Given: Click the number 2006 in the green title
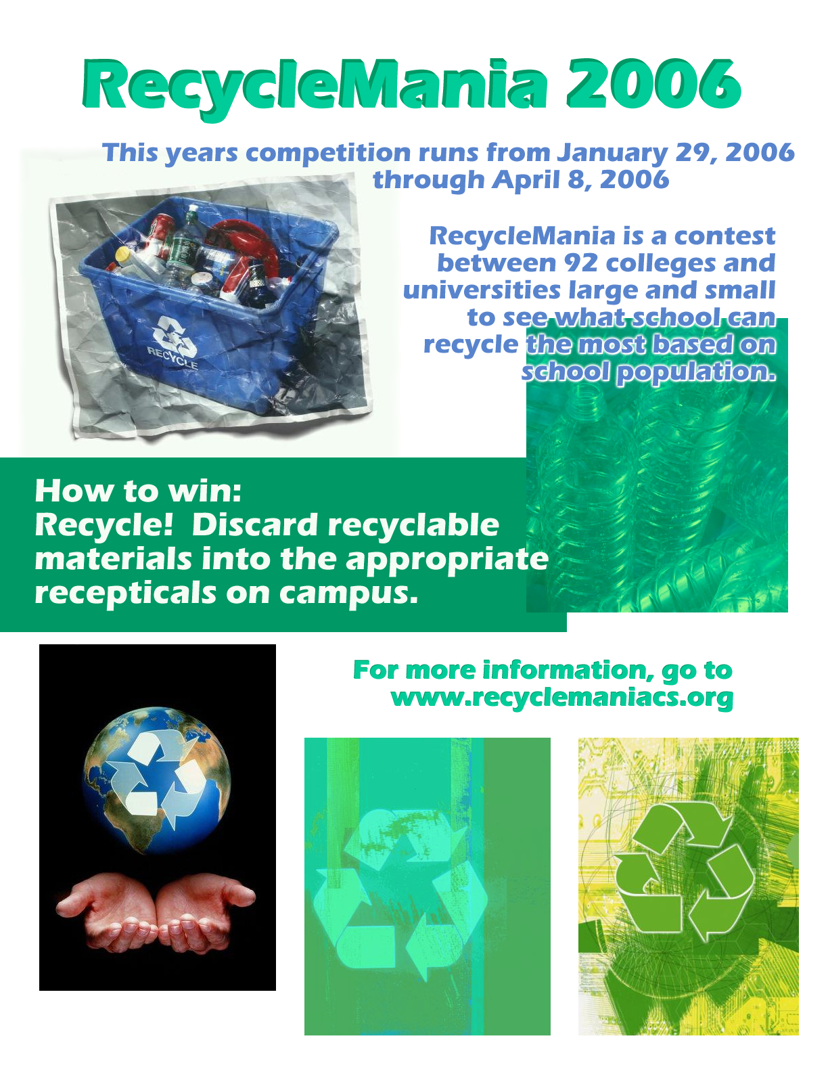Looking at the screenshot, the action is pos(653,84).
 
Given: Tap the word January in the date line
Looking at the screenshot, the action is pos(612,153).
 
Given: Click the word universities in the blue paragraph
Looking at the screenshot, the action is pos(482,290).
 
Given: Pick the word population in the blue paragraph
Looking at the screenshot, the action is pos(696,372).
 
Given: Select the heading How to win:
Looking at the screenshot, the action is pos(138,491).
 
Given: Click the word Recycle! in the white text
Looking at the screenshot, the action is pos(104,524).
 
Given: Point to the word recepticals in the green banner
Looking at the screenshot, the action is pos(125,594).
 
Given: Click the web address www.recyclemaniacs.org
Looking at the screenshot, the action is pos(561,698).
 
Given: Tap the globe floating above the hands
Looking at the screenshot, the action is pos(157,780).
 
